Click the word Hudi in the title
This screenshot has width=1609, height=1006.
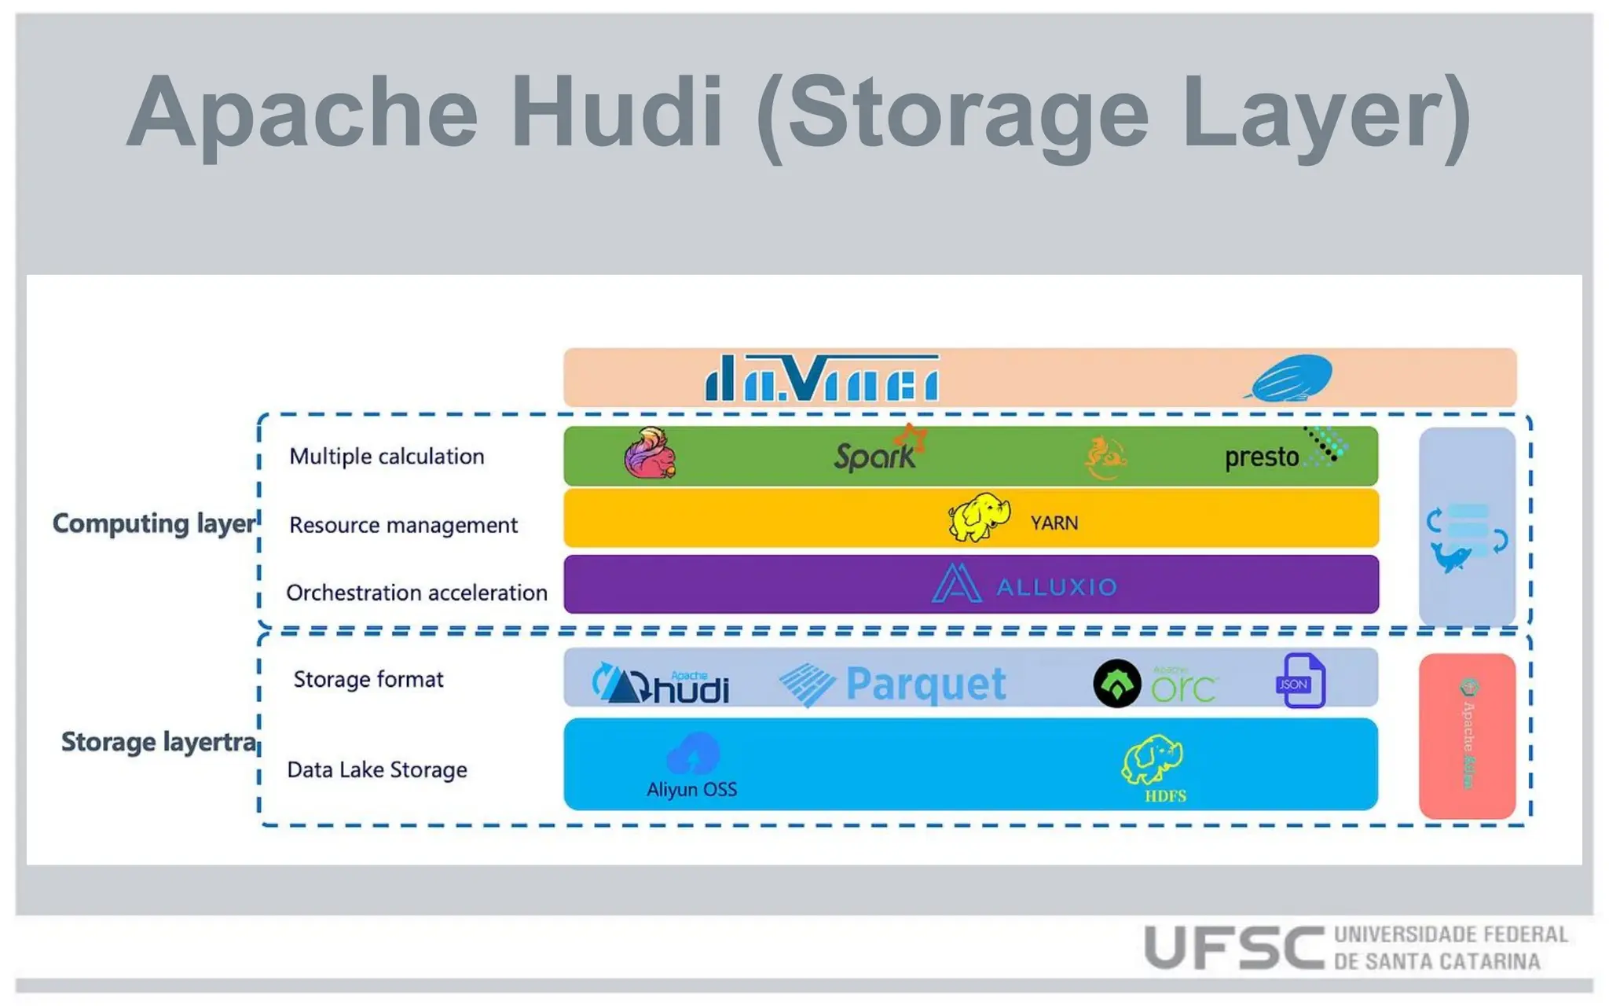[617, 112]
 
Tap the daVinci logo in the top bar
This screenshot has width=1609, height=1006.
[822, 378]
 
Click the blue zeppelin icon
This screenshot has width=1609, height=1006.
[1291, 378]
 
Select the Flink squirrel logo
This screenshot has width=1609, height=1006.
[651, 454]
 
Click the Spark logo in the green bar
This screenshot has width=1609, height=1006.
[878, 453]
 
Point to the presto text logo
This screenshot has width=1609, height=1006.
[1263, 457]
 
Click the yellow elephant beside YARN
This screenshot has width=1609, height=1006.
[978, 517]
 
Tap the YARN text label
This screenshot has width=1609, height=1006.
[1054, 523]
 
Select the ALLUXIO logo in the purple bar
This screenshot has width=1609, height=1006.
[1025, 585]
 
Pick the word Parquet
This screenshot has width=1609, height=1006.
[925, 684]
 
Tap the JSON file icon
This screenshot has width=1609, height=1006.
[1300, 681]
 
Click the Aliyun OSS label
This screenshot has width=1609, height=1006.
[691, 789]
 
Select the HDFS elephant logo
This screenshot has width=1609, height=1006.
[1153, 761]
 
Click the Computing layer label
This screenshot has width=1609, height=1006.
[154, 523]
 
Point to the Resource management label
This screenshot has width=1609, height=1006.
[403, 525]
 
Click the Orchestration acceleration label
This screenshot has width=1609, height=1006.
[416, 593]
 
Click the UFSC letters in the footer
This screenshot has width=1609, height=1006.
[1234, 947]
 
